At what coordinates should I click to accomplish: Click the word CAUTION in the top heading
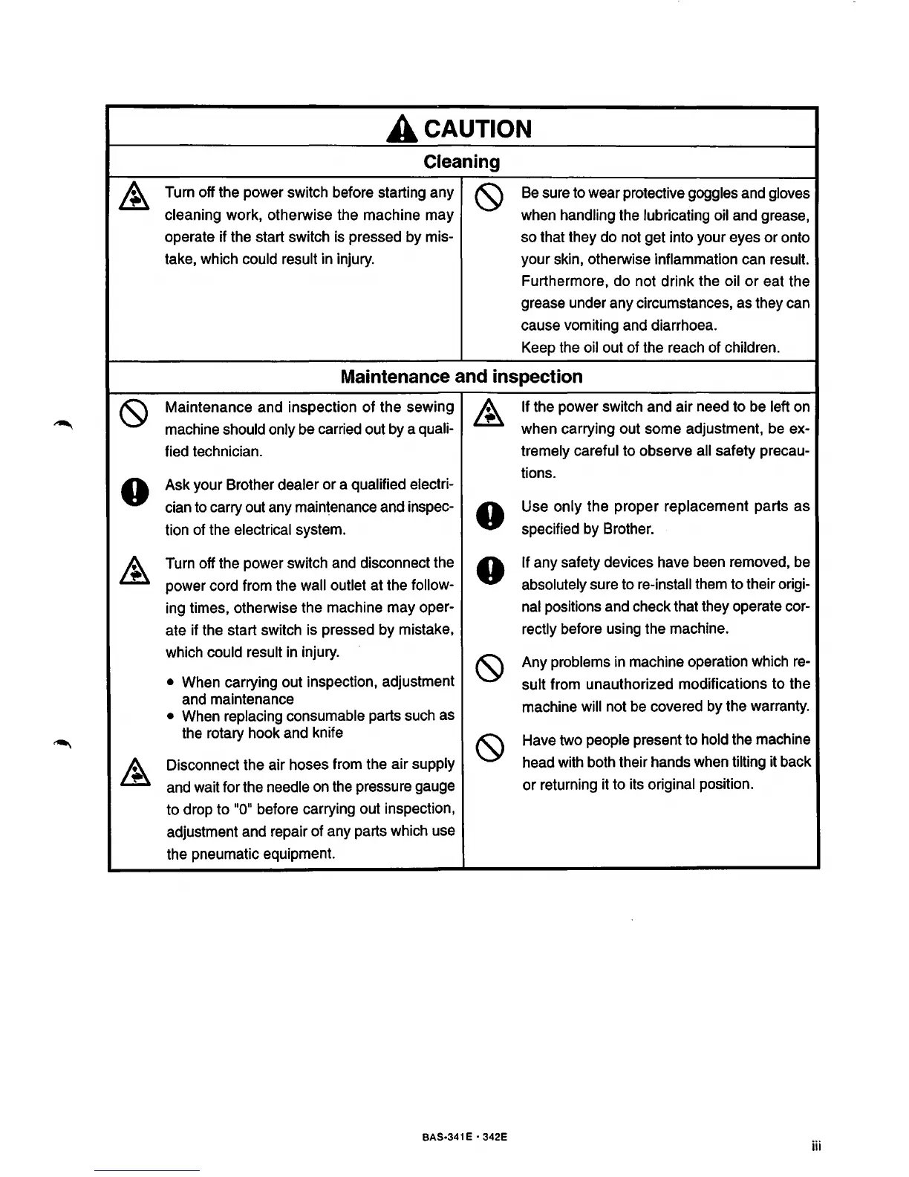[478, 129]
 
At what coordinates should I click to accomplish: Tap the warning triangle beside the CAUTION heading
[401, 130]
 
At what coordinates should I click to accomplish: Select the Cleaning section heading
[461, 162]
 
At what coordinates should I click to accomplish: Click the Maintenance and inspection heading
[461, 377]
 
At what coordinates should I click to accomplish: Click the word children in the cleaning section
[748, 348]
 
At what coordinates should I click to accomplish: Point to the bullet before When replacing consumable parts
[172, 717]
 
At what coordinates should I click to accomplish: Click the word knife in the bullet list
[328, 733]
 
